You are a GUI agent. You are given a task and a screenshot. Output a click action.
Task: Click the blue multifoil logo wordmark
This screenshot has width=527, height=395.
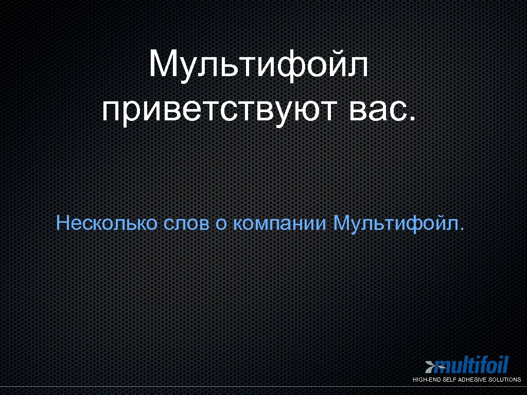tap(471, 366)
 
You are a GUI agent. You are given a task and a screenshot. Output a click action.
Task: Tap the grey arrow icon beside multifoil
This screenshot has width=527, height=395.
tap(430, 367)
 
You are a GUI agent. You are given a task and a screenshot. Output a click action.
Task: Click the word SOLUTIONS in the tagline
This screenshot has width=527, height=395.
tap(503, 380)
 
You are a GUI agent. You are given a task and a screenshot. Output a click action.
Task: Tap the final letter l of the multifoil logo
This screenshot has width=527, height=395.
tap(506, 365)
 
